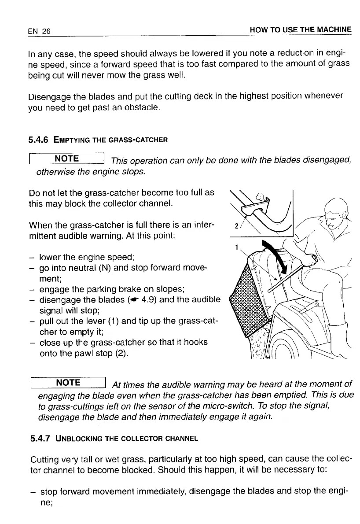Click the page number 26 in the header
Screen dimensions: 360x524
click(x=46, y=31)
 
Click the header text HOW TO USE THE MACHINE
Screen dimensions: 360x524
click(x=301, y=30)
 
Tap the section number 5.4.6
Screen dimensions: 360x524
click(x=38, y=140)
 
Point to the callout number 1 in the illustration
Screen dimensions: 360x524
click(x=236, y=247)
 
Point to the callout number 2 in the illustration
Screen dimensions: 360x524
click(x=237, y=227)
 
